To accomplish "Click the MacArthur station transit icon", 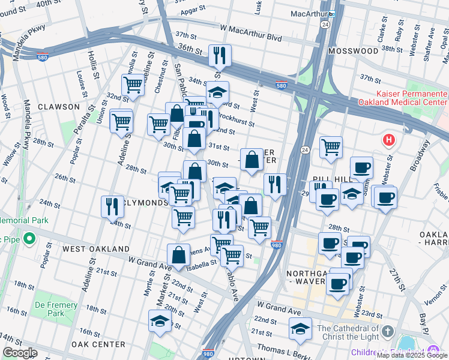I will (x=331, y=13).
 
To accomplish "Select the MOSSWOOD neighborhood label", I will (x=354, y=51).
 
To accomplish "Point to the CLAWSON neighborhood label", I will (x=58, y=107).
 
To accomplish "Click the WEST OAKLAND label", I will (x=96, y=248).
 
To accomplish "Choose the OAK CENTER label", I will (x=98, y=344).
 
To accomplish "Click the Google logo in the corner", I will (x=20, y=352).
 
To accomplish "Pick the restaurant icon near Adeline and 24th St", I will (x=112, y=206).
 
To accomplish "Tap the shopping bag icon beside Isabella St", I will (x=179, y=254).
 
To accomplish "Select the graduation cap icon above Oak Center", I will (x=160, y=320).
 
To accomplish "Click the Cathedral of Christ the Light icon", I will (x=387, y=331).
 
